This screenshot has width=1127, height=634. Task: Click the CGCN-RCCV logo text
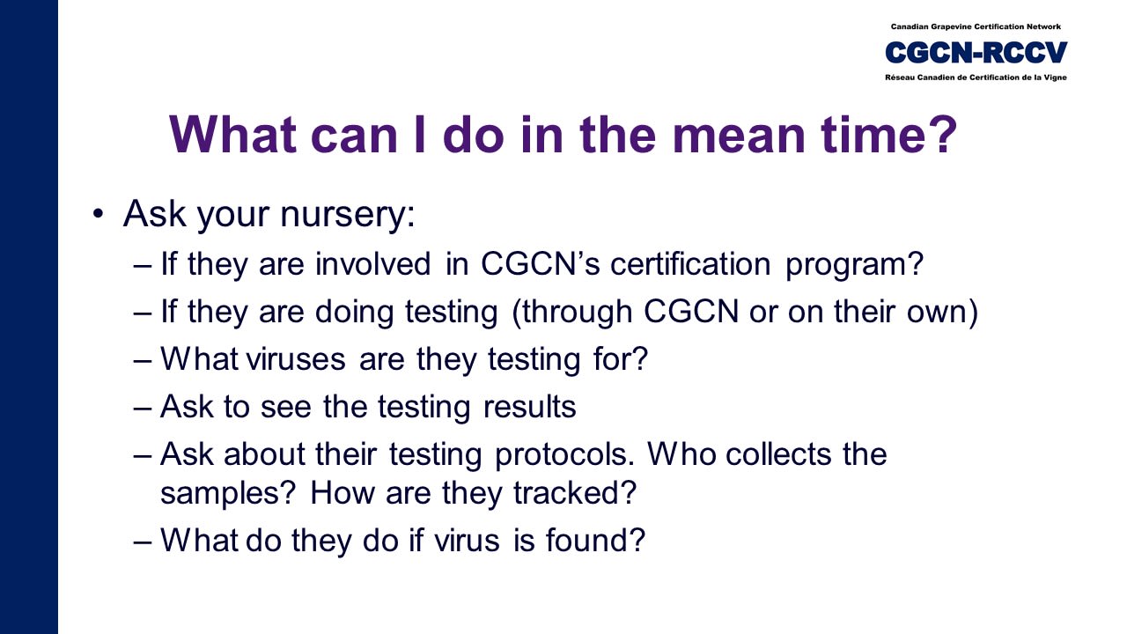976,52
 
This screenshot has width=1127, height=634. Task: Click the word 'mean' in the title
740,135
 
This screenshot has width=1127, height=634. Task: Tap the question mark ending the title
940,133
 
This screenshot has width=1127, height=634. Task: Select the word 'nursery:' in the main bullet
348,214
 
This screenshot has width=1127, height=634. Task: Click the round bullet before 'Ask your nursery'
99,214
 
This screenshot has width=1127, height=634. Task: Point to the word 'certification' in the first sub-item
690,263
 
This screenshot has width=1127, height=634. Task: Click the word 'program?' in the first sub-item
854,266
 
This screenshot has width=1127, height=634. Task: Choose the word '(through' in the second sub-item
571,313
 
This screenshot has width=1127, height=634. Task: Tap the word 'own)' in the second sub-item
942,313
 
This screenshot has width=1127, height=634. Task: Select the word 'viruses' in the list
296,359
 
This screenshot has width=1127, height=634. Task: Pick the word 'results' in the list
529,407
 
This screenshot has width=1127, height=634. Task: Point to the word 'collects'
779,454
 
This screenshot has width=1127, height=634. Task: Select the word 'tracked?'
575,492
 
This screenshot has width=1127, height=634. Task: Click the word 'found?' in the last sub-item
596,540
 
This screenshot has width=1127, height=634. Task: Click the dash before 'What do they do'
143,542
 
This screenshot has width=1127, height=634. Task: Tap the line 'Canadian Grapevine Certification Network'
976,26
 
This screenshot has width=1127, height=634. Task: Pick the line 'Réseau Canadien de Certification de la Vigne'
976,77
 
